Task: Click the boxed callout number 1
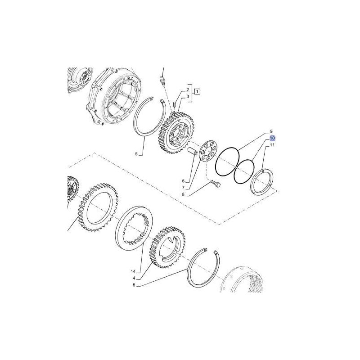coord(197,92)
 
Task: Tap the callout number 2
coord(187,90)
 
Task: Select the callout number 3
coord(187,97)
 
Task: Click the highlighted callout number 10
coord(272,138)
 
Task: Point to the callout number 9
coord(271,131)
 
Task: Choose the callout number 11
coord(272,145)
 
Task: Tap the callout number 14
coord(133,272)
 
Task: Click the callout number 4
coord(134,279)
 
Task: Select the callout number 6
coord(183,181)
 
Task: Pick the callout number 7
coord(183,188)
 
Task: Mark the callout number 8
coord(183,195)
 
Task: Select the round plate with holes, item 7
coord(207,152)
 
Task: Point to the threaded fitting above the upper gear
coord(162,81)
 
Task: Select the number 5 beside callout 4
coord(134,285)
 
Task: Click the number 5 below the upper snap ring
coord(136,154)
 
